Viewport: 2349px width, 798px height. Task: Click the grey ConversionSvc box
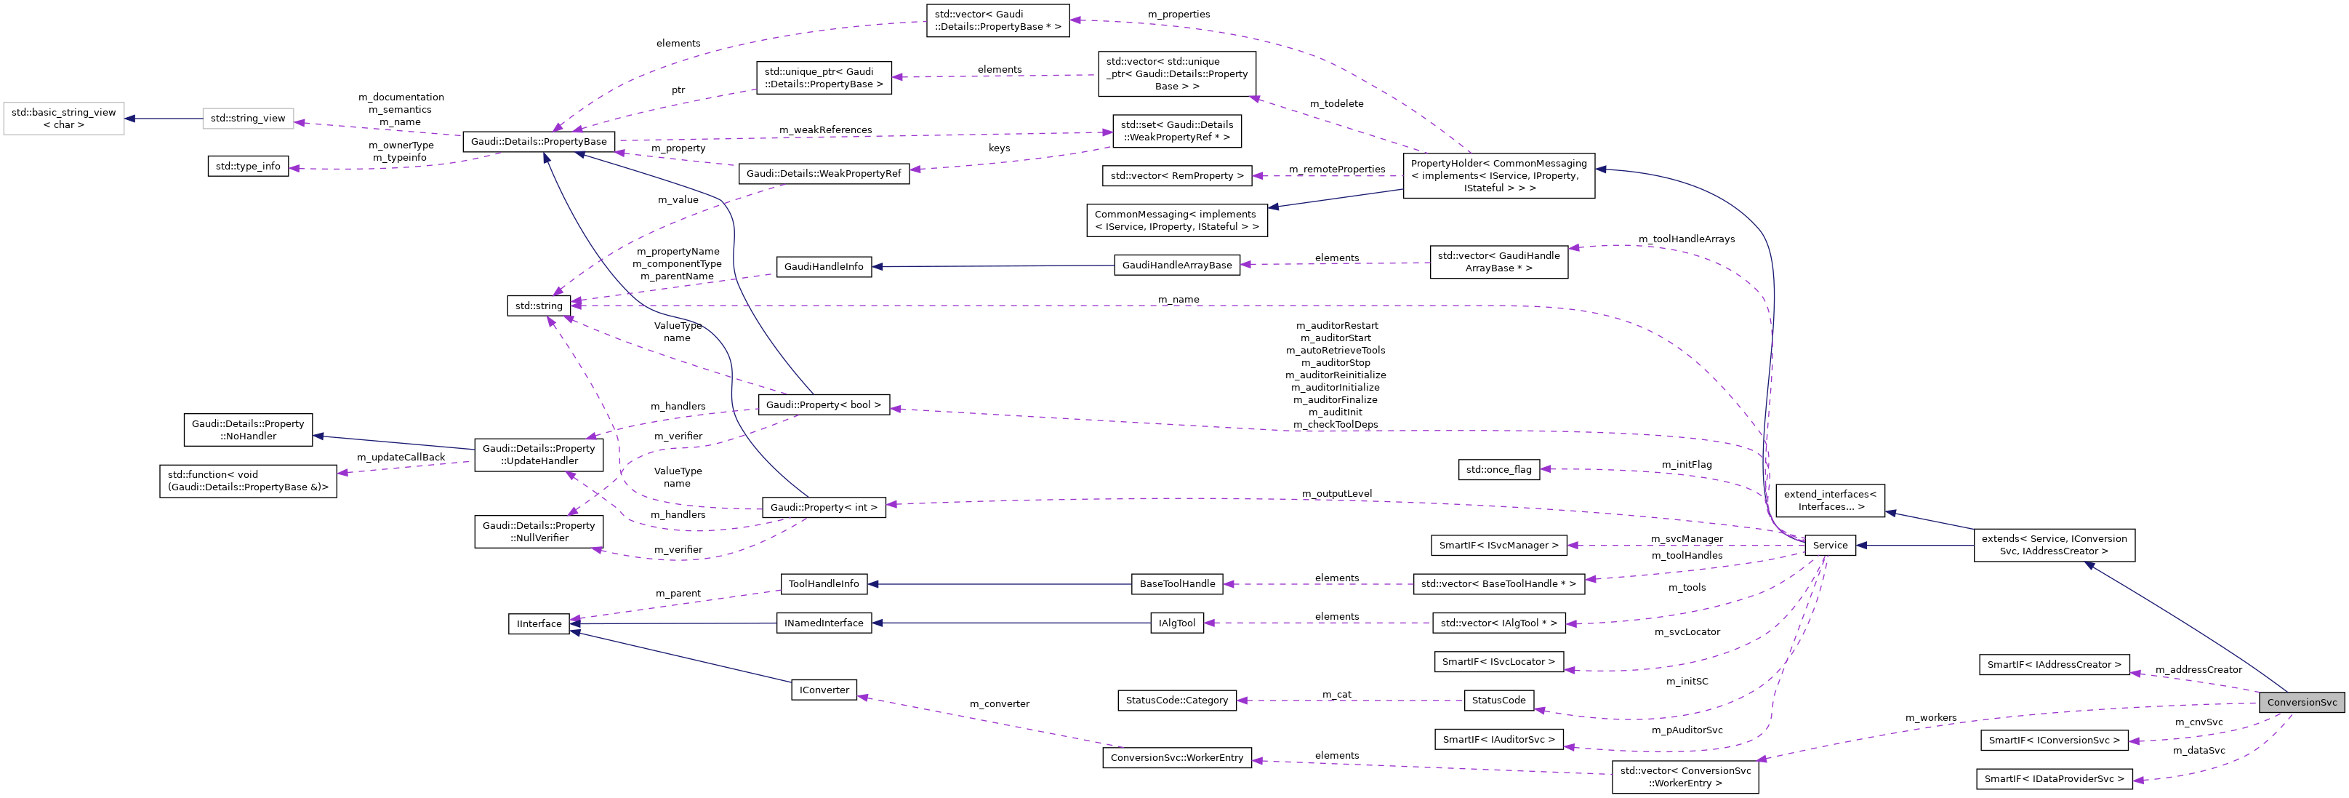[2301, 702]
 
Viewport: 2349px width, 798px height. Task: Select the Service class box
[1829, 546]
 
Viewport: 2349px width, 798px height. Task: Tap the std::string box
[538, 306]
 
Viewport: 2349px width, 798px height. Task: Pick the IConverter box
[824, 690]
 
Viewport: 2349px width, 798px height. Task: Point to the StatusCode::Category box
[1176, 701]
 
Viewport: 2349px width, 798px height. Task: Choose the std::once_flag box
[1498, 470]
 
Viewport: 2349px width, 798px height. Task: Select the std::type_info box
[248, 167]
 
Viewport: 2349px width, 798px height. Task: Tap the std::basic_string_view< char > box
[64, 119]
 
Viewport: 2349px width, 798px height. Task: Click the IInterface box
[539, 624]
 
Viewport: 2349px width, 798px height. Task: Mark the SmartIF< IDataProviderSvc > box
[2054, 779]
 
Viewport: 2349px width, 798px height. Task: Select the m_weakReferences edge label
[824, 130]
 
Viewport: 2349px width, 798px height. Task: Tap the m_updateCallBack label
[401, 458]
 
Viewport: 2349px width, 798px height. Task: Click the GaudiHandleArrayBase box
[1176, 266]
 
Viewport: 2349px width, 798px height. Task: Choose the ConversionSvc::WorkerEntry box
[1176, 758]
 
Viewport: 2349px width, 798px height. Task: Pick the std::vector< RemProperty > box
[1176, 176]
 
